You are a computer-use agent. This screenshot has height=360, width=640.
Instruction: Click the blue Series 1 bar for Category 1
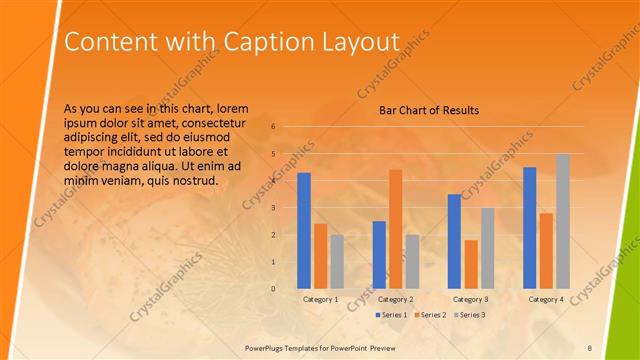[x=304, y=231]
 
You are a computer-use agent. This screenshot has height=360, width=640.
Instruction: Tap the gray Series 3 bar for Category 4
[x=562, y=221]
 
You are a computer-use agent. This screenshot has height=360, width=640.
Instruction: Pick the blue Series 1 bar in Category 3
[x=454, y=241]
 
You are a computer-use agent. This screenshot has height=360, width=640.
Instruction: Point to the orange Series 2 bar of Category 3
[x=471, y=264]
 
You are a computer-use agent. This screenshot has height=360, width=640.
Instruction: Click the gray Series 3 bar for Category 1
[x=337, y=261]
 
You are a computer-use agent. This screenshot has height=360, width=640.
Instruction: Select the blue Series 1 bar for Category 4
[x=529, y=228]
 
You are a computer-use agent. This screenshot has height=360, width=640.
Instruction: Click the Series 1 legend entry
[x=391, y=315]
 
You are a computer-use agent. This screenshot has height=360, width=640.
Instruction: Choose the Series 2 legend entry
[x=429, y=315]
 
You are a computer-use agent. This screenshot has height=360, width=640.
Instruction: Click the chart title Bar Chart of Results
[x=428, y=110]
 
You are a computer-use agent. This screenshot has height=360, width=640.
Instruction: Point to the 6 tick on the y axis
[x=273, y=127]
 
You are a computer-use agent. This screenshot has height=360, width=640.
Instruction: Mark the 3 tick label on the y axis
[x=273, y=208]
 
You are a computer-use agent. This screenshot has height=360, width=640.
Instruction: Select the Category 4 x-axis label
[x=545, y=299]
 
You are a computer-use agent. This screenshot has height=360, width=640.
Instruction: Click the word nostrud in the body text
[x=191, y=180]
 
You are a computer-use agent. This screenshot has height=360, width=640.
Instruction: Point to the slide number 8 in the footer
[x=589, y=346]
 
